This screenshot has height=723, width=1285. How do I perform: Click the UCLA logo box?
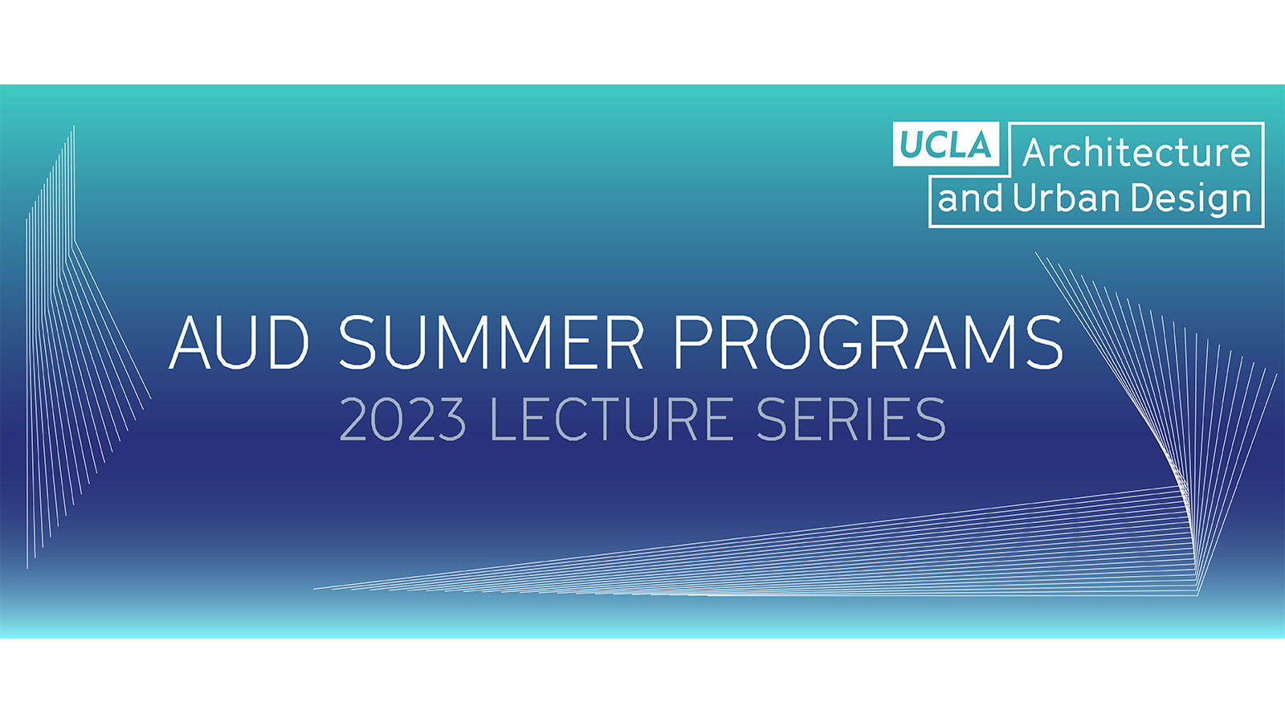945,145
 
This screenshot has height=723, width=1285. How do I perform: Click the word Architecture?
1136,153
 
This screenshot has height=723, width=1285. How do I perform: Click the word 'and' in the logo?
970,198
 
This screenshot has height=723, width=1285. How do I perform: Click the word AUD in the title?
239,342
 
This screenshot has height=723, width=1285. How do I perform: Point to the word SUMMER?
491,342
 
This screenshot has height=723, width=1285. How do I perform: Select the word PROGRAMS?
868,342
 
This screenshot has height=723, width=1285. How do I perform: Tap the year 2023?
402,419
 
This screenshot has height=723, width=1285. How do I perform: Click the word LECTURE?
611,419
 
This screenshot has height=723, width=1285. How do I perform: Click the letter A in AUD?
191,342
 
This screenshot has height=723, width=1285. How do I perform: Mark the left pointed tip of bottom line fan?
316,589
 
